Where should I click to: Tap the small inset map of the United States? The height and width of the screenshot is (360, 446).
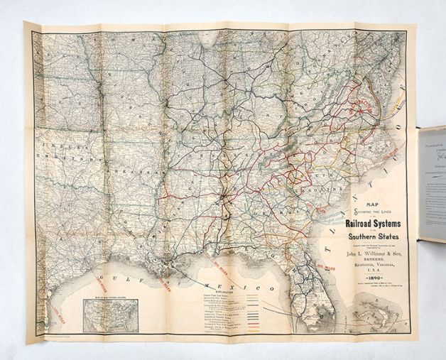111,314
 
